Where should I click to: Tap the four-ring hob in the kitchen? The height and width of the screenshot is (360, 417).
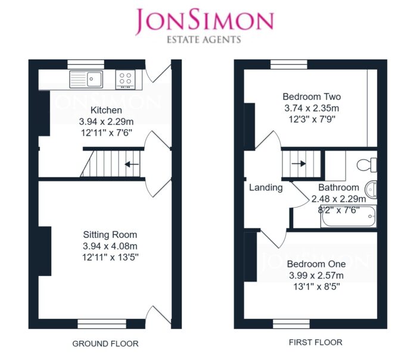(125, 80)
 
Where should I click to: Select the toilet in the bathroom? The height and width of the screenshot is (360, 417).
(367, 165)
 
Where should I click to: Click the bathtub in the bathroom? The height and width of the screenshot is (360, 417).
(348, 216)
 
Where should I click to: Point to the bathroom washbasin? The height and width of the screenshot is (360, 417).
(371, 189)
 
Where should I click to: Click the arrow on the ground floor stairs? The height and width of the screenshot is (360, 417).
(132, 164)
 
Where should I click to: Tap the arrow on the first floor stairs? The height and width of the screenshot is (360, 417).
(298, 164)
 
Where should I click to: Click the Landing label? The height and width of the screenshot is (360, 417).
(266, 187)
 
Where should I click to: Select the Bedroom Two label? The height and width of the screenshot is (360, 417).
(312, 96)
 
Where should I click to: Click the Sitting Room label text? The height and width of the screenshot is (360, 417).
(110, 234)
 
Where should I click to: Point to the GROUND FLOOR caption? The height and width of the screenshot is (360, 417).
(105, 343)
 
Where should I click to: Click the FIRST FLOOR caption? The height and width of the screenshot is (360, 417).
(315, 342)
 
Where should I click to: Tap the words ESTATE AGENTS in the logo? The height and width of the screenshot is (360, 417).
(204, 40)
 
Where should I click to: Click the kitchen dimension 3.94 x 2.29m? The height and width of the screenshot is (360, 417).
(106, 121)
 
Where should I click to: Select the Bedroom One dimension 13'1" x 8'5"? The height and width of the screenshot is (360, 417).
(316, 287)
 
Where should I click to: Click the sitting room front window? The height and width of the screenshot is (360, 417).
(102, 324)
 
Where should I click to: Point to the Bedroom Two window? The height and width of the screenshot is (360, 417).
(289, 64)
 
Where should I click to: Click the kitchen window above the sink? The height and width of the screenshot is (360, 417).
(86, 64)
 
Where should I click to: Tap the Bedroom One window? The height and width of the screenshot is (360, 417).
(291, 324)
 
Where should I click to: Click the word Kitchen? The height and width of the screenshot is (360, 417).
(106, 110)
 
